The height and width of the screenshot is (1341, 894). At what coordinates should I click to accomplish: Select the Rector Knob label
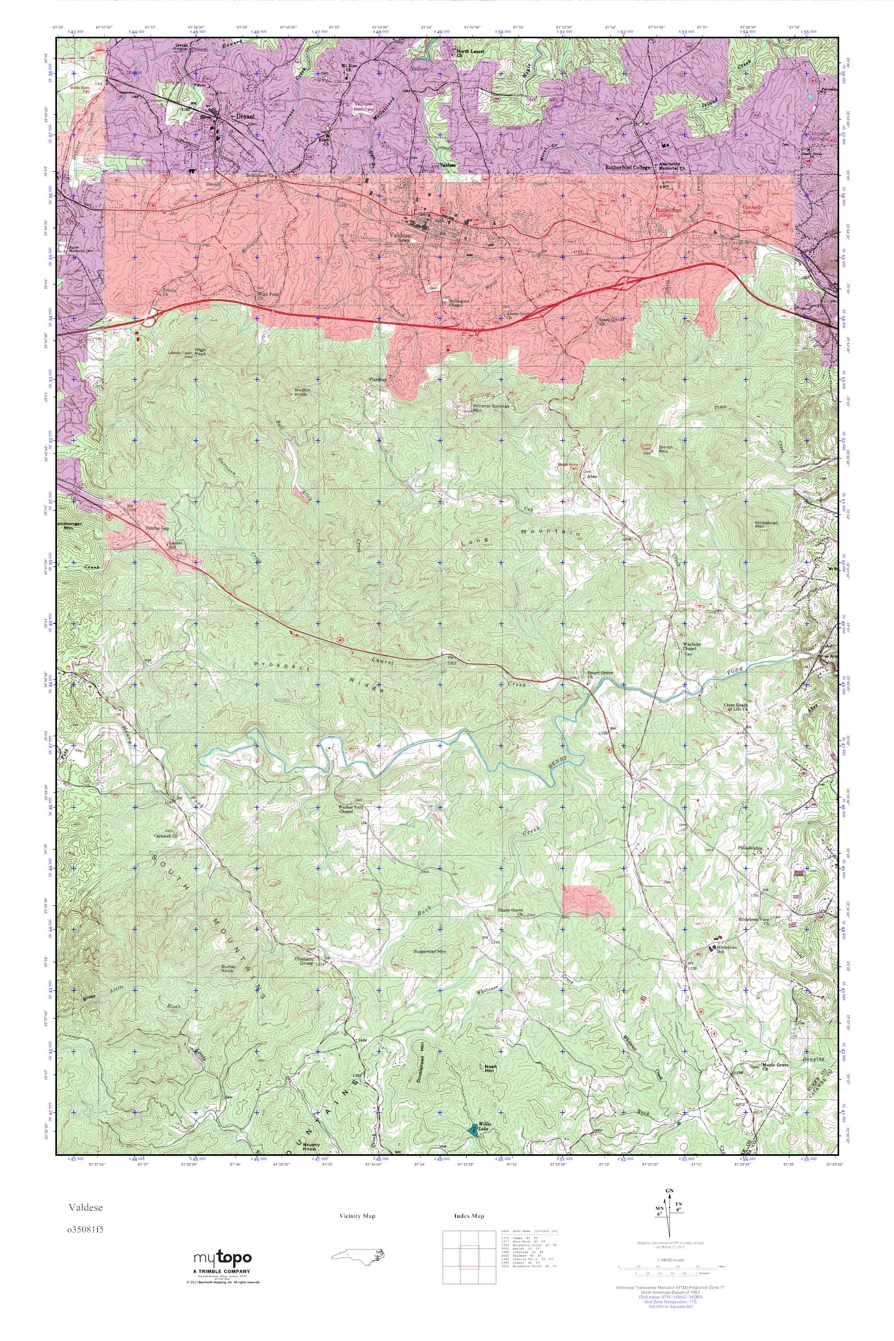click(x=302, y=392)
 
